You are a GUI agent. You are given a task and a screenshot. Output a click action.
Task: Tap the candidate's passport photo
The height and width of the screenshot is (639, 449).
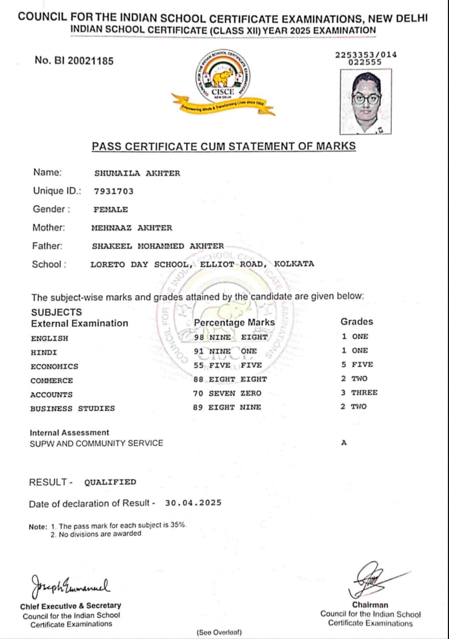click(365, 101)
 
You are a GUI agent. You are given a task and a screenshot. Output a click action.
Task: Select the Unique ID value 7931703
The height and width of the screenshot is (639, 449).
click(113, 191)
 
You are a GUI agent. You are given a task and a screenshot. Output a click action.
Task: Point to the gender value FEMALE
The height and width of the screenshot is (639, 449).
click(110, 209)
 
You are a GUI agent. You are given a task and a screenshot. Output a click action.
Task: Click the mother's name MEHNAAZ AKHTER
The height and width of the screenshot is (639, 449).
click(131, 228)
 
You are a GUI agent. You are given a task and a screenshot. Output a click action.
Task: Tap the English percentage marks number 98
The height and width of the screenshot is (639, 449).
click(199, 337)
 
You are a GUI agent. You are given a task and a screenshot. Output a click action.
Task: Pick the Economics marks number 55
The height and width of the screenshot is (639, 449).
click(199, 366)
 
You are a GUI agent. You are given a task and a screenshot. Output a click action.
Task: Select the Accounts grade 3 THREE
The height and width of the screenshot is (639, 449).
click(359, 393)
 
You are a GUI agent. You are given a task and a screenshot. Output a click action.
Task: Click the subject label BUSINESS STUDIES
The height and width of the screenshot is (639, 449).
click(72, 408)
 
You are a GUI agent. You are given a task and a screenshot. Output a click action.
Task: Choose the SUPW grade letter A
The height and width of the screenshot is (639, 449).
click(344, 443)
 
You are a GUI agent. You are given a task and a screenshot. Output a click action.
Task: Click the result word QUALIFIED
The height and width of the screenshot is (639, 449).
click(110, 482)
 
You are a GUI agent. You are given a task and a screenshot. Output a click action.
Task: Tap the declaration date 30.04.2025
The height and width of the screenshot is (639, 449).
click(193, 503)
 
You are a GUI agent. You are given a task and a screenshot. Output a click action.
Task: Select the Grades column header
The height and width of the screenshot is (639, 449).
click(357, 322)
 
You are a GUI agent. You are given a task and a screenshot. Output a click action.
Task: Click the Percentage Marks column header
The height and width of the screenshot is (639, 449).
click(234, 323)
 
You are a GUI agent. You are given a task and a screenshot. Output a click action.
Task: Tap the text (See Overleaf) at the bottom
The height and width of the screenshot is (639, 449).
click(219, 632)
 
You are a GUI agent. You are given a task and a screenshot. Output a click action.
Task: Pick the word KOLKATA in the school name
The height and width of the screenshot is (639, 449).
click(294, 264)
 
